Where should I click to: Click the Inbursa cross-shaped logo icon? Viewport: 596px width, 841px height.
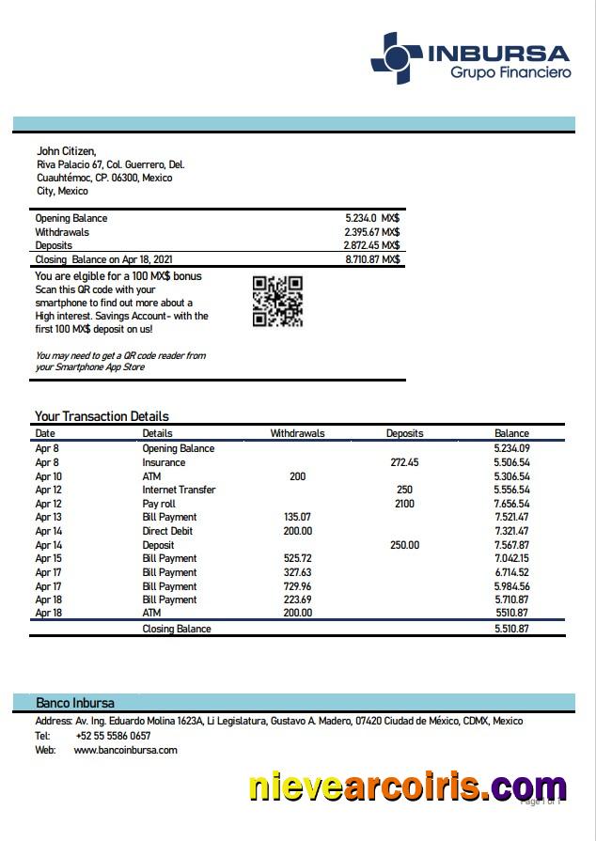click(396, 58)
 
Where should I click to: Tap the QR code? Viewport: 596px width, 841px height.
click(277, 301)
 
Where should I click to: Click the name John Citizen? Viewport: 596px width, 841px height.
click(66, 150)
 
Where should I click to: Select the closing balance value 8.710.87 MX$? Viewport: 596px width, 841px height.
click(372, 259)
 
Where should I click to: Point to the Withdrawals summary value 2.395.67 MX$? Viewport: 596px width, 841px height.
click(372, 232)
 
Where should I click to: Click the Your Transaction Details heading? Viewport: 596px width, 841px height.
click(102, 416)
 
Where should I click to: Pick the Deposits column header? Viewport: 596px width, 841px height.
click(404, 434)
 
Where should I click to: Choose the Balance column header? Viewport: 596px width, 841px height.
click(511, 434)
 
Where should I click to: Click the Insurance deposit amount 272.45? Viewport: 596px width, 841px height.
click(403, 462)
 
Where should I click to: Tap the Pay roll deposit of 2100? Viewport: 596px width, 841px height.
click(404, 504)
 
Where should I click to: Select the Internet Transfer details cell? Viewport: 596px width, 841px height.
click(179, 490)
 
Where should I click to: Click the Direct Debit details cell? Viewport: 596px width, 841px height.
click(169, 531)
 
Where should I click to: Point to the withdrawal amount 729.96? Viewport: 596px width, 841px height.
click(297, 585)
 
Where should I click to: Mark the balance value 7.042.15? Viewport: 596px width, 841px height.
click(511, 558)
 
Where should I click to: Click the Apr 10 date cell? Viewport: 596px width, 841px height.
click(48, 476)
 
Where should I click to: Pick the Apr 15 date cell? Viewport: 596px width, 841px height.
click(48, 558)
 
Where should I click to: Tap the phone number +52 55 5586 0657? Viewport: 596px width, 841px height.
click(112, 736)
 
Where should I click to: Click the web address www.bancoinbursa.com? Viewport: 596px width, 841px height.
click(125, 750)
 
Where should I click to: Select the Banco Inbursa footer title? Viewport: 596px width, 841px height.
click(75, 703)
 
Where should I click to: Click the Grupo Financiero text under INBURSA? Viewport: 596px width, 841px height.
click(510, 72)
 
